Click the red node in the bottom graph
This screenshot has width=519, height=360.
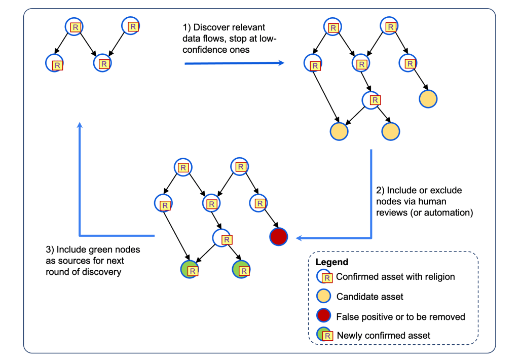tap(278, 237)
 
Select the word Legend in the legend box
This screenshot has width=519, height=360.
tap(331, 262)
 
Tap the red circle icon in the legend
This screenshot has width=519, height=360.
tap(324, 316)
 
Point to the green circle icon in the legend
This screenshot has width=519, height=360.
tap(324, 335)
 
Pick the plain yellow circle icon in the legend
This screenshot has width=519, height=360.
tap(324, 296)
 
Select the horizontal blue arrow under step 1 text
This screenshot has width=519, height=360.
tap(233, 63)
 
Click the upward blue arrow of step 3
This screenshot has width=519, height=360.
tap(80, 177)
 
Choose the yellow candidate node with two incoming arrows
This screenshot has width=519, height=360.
tap(339, 132)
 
